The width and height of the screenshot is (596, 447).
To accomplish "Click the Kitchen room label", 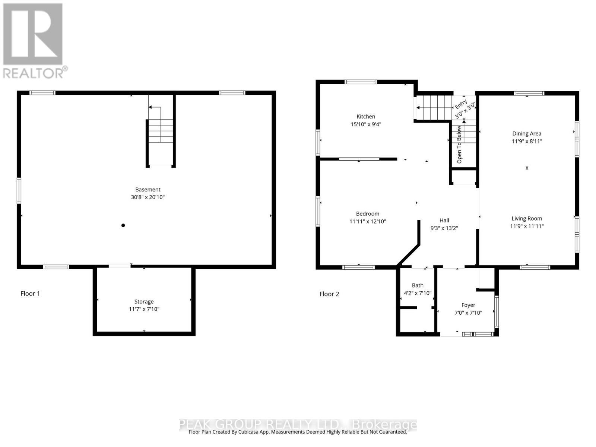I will [x=365, y=117].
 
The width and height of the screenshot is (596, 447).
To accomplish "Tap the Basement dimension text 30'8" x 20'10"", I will [x=148, y=197].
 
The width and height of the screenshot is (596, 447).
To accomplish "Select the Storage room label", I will [x=144, y=301].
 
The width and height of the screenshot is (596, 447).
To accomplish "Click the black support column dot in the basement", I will [x=123, y=225].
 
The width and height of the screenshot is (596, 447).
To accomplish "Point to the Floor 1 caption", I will [x=30, y=294].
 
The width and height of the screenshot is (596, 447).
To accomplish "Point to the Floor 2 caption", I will [x=329, y=294].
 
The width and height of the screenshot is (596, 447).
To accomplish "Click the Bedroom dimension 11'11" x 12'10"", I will [x=367, y=221].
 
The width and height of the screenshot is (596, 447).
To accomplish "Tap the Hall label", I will [x=444, y=220].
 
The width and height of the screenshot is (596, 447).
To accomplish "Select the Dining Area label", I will [x=527, y=133].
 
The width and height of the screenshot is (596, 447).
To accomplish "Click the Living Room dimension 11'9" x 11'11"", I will [x=527, y=226].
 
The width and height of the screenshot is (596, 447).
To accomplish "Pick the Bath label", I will [x=417, y=285].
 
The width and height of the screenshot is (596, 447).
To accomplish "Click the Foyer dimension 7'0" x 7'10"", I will [x=468, y=313].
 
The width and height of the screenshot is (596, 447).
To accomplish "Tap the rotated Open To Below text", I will [x=459, y=145].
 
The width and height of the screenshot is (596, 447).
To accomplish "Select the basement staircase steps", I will [x=161, y=131].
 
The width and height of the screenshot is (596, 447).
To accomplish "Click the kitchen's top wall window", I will [x=360, y=82].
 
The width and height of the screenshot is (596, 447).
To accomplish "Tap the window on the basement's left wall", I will [x=19, y=191].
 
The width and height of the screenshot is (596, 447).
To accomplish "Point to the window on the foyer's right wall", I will [x=496, y=311].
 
